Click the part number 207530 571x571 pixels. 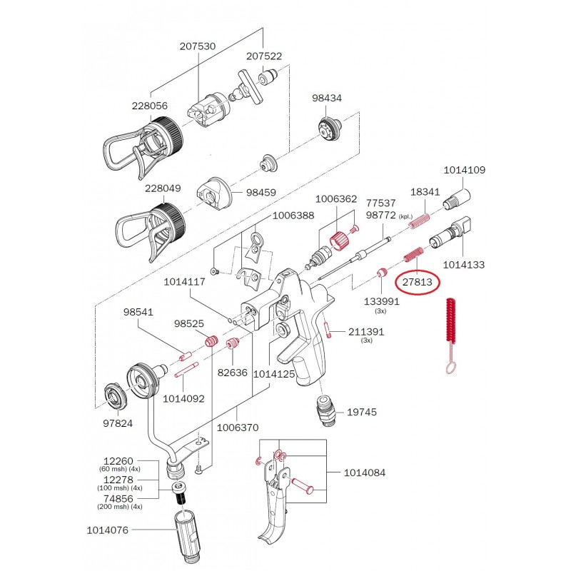198,46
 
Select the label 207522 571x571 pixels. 264,56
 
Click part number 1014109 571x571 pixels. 464,171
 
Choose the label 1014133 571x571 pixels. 464,264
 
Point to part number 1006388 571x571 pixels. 293,216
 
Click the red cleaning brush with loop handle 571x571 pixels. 451,328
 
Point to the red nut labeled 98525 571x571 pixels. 211,343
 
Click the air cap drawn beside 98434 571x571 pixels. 328,129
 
